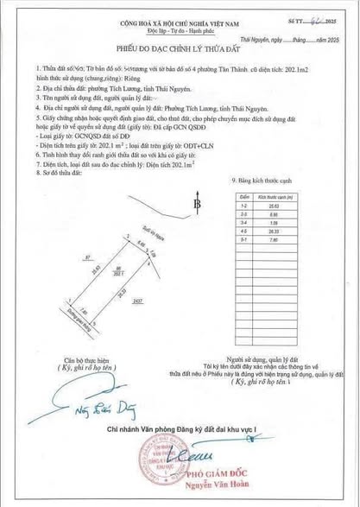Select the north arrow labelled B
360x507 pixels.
tap(197, 205)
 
